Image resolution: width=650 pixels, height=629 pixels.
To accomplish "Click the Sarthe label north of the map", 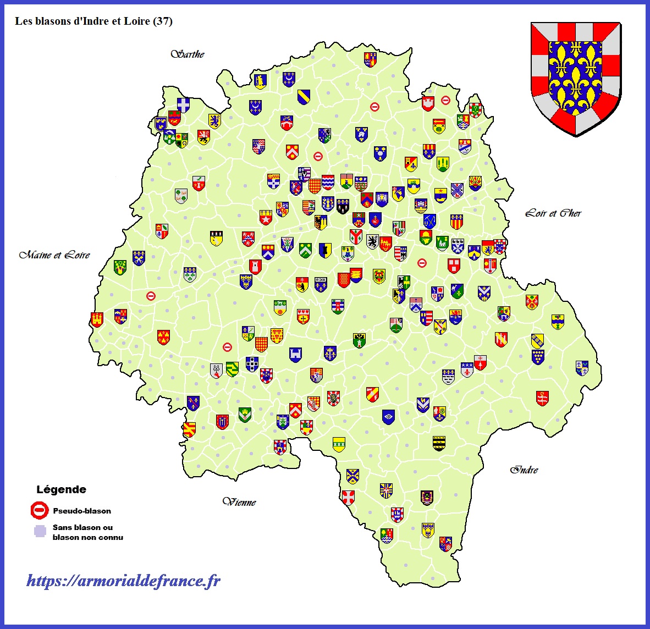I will (x=188, y=54).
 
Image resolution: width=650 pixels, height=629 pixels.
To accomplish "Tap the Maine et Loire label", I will (x=54, y=255).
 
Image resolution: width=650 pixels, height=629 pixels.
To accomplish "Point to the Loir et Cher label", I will (x=553, y=213).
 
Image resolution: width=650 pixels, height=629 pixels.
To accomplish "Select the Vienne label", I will (x=239, y=501).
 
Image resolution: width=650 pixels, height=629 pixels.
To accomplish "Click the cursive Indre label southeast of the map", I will (x=524, y=470).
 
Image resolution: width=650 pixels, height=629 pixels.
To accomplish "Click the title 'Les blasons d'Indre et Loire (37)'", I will (x=93, y=21).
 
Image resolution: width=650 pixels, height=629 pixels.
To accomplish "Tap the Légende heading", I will (x=61, y=489).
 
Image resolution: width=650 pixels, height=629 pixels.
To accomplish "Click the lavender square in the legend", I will (x=40, y=531).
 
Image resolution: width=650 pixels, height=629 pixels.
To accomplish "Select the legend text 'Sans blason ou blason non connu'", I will (x=87, y=532).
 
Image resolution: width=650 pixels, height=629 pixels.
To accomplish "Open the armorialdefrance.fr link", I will (x=124, y=581).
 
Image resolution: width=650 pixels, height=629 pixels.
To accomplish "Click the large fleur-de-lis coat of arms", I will (x=576, y=77).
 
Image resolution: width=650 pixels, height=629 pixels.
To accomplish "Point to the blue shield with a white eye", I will (x=389, y=417).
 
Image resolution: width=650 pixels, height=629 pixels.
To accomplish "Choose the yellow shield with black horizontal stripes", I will (x=438, y=443).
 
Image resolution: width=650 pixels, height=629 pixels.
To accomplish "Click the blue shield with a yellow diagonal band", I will (x=304, y=97).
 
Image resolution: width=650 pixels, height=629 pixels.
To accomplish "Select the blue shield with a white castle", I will (x=296, y=355).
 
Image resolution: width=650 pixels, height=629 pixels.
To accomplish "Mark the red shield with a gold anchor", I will (x=542, y=398).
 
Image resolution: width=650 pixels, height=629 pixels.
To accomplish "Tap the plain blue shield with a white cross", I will (x=183, y=104).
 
